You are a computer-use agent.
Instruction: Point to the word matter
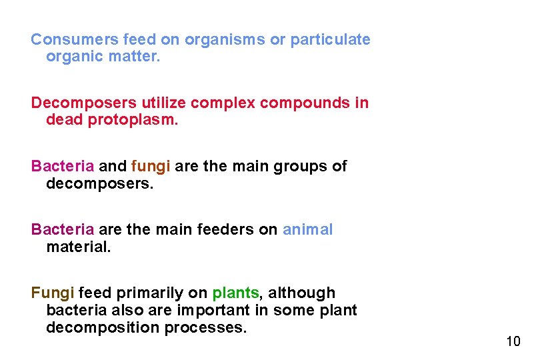(x=137, y=57)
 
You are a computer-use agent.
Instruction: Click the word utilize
(x=163, y=103)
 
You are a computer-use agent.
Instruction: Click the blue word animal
(x=307, y=230)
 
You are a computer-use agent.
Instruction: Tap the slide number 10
(x=513, y=342)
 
